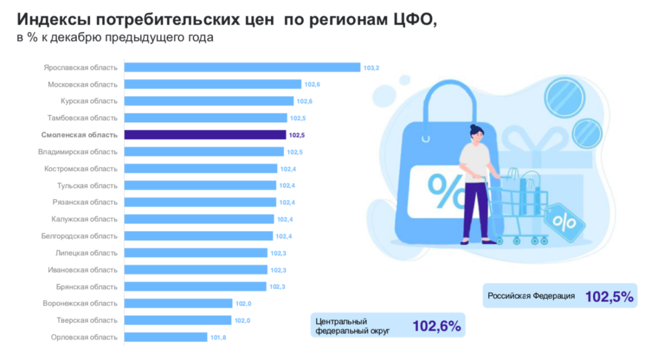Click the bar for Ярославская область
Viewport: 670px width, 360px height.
pyautogui.click(x=242, y=68)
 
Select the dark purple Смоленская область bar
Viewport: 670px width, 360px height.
pyautogui.click(x=205, y=135)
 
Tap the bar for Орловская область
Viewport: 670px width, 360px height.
pyautogui.click(x=165, y=337)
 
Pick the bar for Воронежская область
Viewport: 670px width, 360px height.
pyautogui.click(x=178, y=304)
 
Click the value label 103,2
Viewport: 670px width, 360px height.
pyautogui.click(x=371, y=68)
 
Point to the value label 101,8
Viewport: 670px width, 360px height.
pyautogui.click(x=218, y=338)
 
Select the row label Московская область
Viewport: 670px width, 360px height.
pyautogui.click(x=83, y=84)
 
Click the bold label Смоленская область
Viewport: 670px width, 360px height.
pyautogui.click(x=79, y=135)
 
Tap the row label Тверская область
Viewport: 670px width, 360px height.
pyautogui.click(x=87, y=320)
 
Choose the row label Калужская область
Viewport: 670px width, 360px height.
pyautogui.click(x=84, y=219)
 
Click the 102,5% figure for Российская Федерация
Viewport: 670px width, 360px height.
pyautogui.click(x=609, y=297)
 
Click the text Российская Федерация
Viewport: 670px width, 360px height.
pyautogui.click(x=531, y=296)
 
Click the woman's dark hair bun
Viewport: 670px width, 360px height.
pyautogui.click(x=475, y=129)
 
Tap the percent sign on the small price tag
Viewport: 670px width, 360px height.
pyautogui.click(x=564, y=222)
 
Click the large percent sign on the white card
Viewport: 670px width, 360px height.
pyautogui.click(x=445, y=191)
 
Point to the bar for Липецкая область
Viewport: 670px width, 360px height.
pyautogui.click(x=195, y=253)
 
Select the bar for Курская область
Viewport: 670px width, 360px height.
pyautogui.click(x=208, y=101)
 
